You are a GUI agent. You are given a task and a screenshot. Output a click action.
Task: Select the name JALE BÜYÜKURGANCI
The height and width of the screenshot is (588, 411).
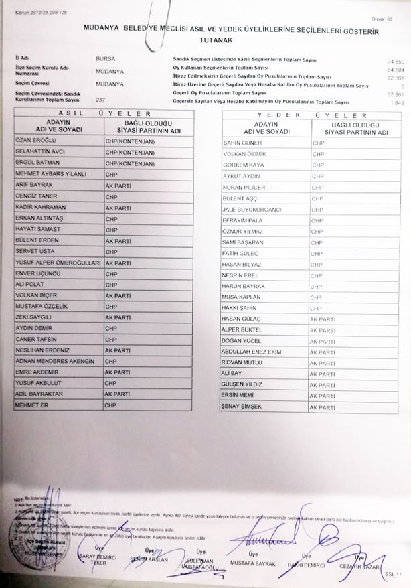coord(252,210)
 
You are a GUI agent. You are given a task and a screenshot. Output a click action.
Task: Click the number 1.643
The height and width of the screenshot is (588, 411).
coord(398,102)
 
